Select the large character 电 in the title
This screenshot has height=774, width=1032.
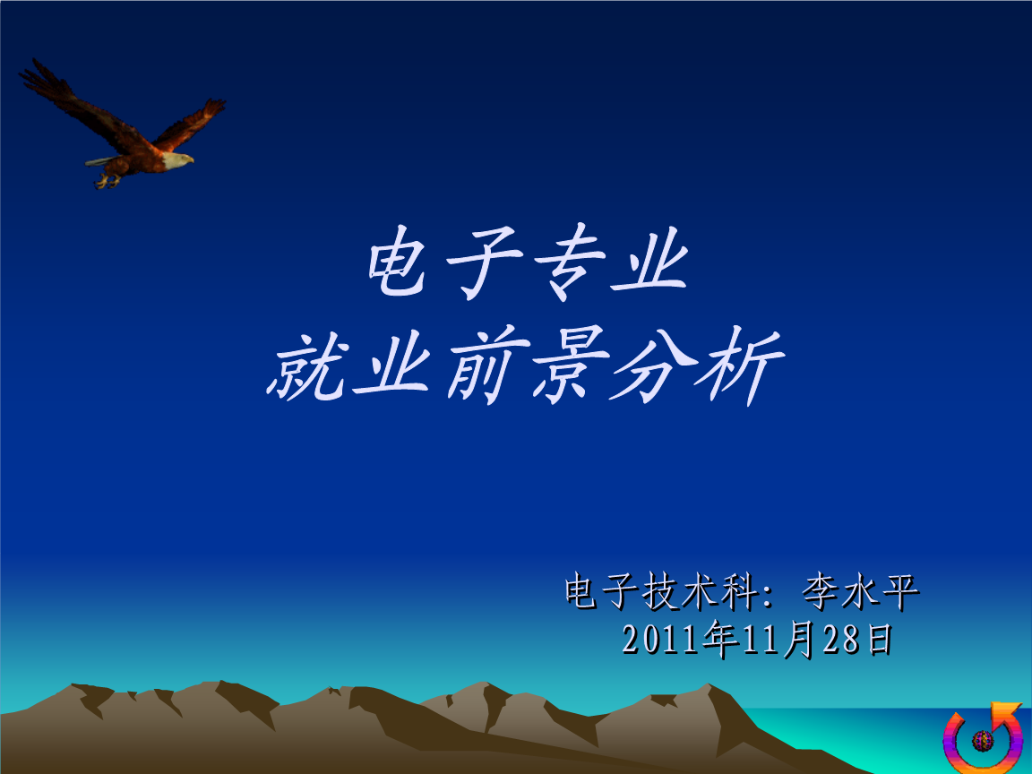396,262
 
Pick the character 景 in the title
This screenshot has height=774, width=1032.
570,365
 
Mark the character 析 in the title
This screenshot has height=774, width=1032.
741,365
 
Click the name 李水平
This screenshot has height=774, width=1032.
860,591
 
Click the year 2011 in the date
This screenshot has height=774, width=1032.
661,640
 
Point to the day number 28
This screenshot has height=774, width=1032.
841,640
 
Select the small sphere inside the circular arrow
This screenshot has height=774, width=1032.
983,741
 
